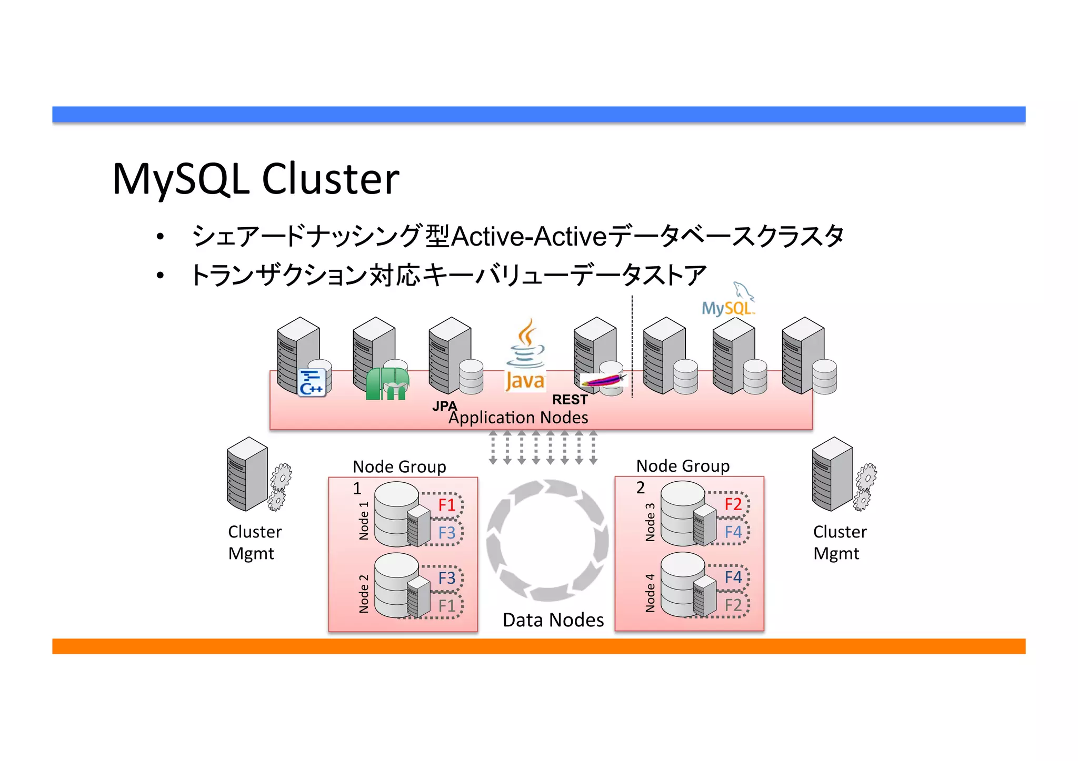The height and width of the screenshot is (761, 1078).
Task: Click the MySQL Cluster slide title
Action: click(256, 179)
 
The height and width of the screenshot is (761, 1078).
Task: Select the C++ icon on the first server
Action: click(311, 382)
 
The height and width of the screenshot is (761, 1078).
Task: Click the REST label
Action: click(570, 400)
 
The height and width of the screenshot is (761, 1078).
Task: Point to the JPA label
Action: click(444, 405)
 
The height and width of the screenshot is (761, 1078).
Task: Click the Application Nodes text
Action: click(518, 418)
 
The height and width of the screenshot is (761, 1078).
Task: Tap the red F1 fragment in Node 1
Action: click(446, 505)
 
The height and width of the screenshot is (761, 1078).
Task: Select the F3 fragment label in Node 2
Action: click(446, 578)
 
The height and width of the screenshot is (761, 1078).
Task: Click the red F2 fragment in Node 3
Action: click(733, 504)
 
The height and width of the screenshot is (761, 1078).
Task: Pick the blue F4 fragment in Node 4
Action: click(733, 577)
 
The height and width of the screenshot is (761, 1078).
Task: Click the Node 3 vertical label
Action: click(650, 522)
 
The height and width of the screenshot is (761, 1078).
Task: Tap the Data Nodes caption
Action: click(553, 620)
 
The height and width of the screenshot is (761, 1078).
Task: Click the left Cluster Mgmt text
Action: click(254, 542)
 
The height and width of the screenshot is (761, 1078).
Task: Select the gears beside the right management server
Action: click(865, 487)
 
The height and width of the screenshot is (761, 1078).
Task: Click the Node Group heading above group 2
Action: click(683, 466)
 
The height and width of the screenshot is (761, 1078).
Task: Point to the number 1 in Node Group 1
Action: click(357, 489)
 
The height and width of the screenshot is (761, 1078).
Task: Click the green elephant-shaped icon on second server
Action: click(387, 384)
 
